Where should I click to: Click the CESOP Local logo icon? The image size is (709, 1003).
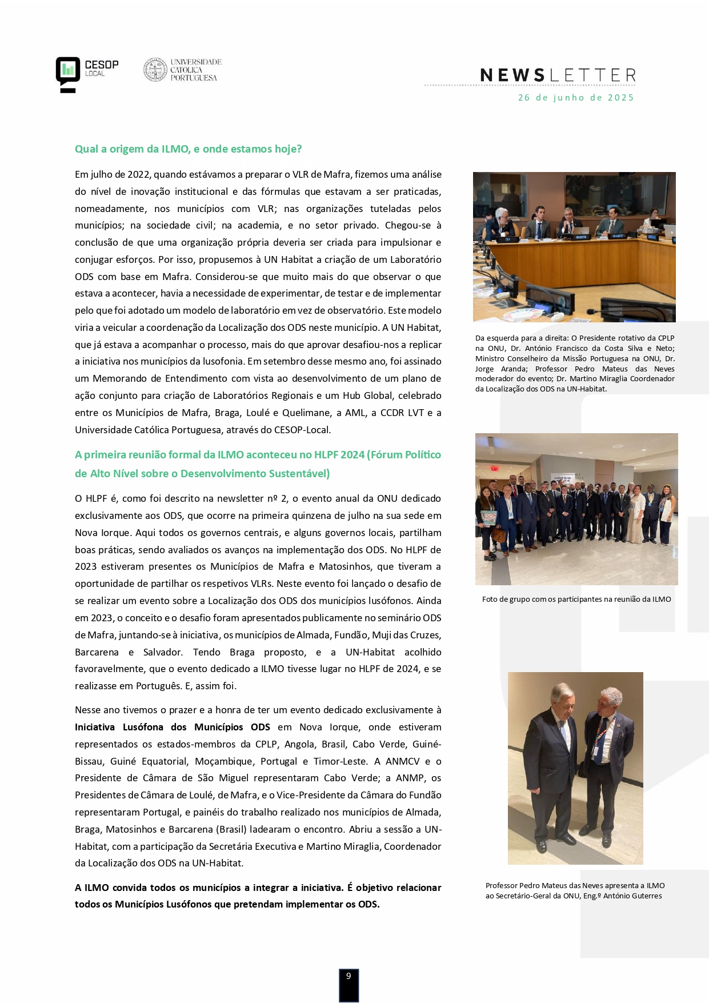point(67,74)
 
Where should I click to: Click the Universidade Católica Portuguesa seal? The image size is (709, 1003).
point(154,70)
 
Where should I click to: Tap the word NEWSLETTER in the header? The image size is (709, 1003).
point(558,75)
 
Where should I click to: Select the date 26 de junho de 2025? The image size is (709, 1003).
point(576,98)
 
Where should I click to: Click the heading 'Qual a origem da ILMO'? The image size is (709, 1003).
point(188,149)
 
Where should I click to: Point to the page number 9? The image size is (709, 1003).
point(349,976)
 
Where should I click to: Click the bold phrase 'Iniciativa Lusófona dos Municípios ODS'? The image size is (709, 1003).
point(172,727)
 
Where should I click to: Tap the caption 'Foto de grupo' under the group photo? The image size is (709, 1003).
point(576,599)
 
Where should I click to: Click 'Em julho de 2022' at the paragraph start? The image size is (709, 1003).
point(113,174)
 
